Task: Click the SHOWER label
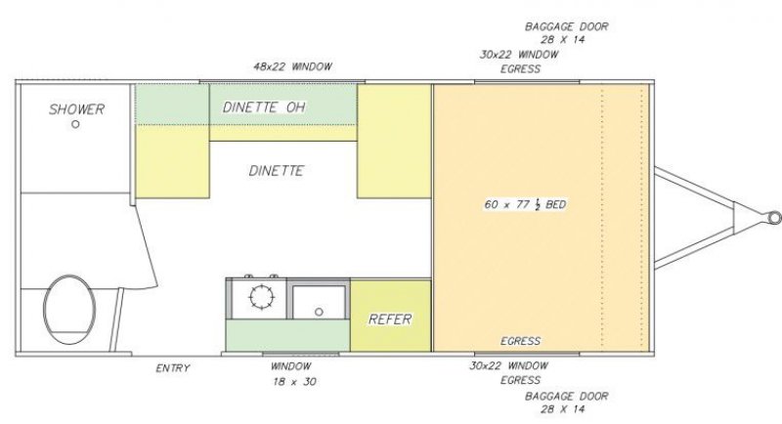tap(77, 109)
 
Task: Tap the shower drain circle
tap(75, 124)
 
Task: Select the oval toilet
tap(69, 310)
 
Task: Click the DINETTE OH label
tap(264, 107)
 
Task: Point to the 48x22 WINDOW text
tap(292, 66)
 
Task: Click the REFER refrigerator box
tap(390, 316)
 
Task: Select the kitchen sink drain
tap(319, 312)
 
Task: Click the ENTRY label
tap(173, 368)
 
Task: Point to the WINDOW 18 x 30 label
tap(292, 373)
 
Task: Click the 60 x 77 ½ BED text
tap(525, 204)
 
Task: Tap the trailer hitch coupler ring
tap(774, 217)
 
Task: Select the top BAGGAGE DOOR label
tap(567, 33)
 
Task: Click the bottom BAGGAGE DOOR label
tap(567, 403)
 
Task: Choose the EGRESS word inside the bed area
tap(521, 341)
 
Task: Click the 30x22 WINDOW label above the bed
tap(519, 55)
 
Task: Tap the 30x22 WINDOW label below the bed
tap(508, 365)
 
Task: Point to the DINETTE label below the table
tap(276, 171)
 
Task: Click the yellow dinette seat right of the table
tap(394, 141)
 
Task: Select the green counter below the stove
tap(287, 335)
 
